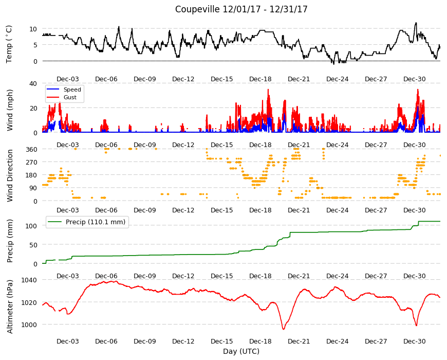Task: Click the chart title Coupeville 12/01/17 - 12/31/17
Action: [241, 9]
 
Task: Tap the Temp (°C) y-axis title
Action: [9, 44]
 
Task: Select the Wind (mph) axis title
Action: [10, 110]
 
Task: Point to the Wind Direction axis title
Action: [10, 176]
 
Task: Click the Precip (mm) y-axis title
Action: [10, 241]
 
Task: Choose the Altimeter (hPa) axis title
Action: [10, 307]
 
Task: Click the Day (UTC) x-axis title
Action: [241, 351]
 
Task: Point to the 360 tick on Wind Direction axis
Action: [31, 150]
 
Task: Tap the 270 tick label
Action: [31, 163]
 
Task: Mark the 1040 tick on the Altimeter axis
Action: [29, 280]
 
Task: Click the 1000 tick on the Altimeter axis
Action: [29, 325]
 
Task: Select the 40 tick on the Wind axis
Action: [33, 84]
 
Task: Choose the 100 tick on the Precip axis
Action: [31, 226]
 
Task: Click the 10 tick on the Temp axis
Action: [33, 29]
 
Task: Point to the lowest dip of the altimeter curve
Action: [284, 329]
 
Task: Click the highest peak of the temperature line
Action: [416, 23]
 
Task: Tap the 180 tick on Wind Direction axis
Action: [31, 175]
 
